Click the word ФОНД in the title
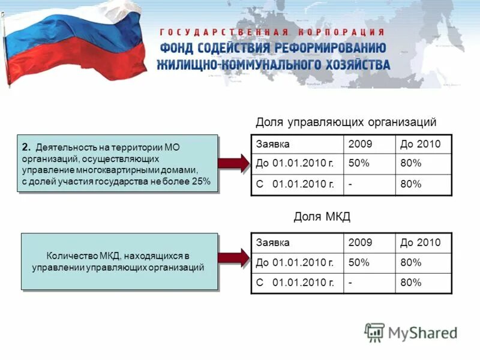181,49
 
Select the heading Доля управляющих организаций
346,122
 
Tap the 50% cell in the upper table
358,164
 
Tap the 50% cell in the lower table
358,263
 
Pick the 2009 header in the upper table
360,144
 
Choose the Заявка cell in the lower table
273,243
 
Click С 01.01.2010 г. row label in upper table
295,184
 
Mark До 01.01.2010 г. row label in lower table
295,263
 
